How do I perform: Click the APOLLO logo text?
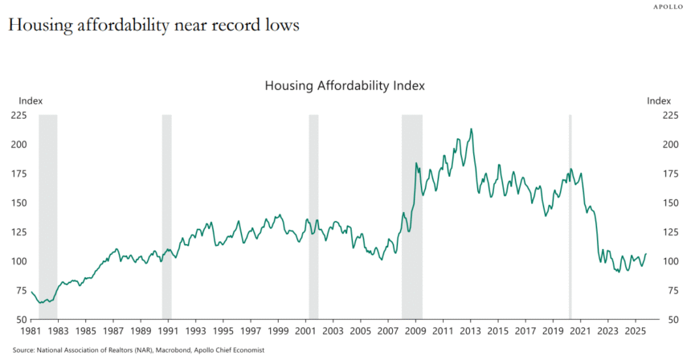point(668,6)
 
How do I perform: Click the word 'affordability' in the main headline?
point(119,26)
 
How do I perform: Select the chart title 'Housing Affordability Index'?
point(345,85)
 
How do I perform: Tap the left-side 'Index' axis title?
point(31,101)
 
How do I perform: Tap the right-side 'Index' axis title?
point(659,101)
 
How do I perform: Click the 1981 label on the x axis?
point(30,331)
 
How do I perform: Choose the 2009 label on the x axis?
point(415,331)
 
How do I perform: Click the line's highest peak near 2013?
point(471,129)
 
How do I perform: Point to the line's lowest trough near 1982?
point(41,302)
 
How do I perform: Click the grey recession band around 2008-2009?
point(411,217)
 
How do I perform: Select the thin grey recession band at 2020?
point(570,217)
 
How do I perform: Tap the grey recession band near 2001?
point(313,217)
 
